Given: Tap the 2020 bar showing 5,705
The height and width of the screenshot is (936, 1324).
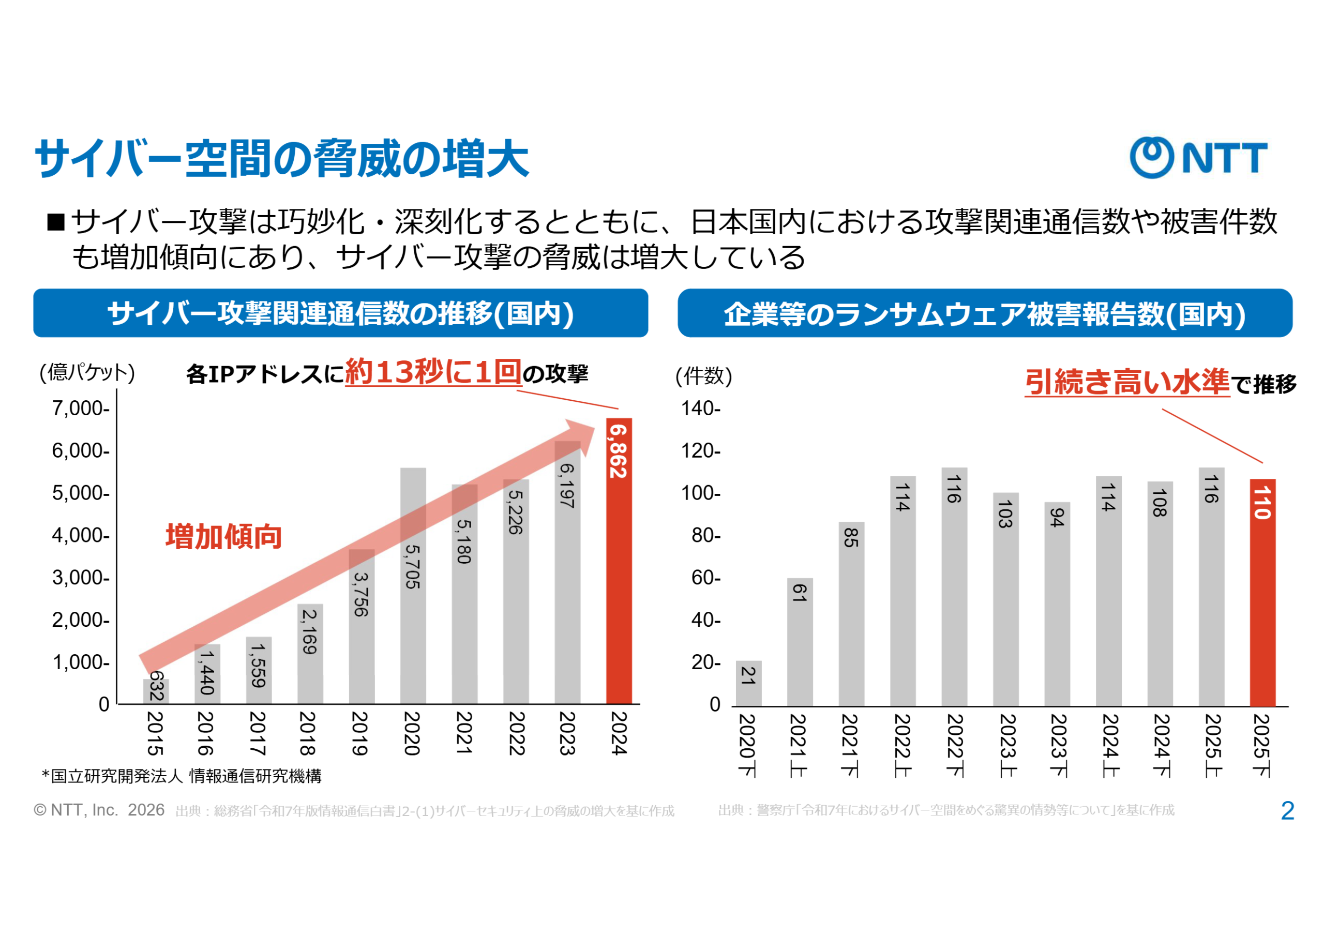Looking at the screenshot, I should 413,585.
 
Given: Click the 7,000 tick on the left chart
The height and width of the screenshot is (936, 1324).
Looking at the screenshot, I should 80,409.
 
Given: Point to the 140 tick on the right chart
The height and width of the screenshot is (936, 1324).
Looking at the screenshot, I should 700,409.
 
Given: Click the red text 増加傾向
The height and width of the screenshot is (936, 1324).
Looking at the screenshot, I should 224,536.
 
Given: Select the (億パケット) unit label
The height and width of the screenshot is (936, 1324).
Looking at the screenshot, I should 87,372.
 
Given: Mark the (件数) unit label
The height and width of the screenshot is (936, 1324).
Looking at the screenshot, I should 703,376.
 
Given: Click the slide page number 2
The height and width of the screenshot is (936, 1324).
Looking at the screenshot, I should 1287,810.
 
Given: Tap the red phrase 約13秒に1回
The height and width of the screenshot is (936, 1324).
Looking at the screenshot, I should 433,372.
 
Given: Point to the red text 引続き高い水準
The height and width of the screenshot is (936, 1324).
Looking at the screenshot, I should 1127,382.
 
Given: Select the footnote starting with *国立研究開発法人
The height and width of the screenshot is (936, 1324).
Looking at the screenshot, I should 182,776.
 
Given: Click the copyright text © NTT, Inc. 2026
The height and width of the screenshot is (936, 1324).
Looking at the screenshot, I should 99,810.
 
